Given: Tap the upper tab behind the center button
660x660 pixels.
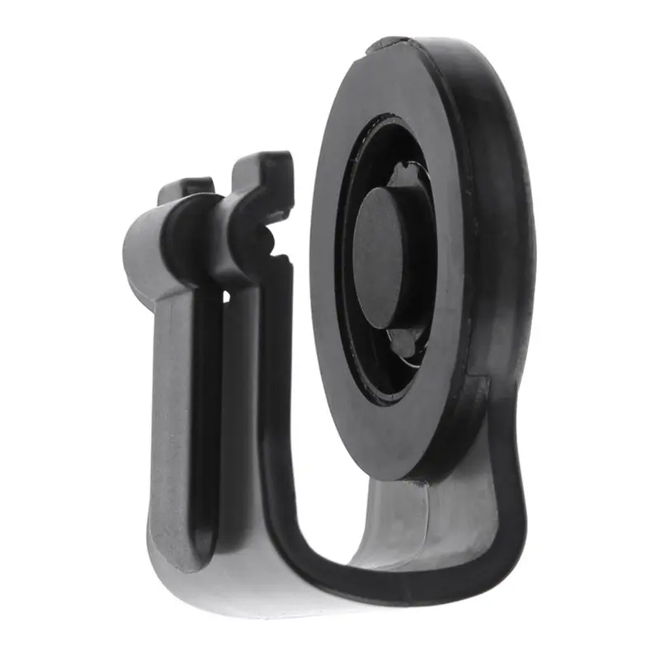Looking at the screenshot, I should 408,174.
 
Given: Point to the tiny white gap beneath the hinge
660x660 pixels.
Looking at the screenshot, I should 225,294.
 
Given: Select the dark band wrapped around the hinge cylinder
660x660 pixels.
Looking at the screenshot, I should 186,235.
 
